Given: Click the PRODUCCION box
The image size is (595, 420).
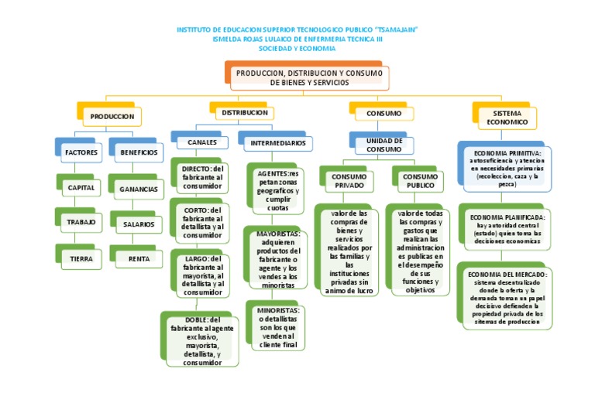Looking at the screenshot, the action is pos(112,116).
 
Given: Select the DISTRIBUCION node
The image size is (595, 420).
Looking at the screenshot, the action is pos(245,113).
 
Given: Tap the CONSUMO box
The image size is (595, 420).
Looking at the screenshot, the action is pos(383,114).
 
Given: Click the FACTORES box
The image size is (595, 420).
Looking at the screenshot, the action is pos(81,152).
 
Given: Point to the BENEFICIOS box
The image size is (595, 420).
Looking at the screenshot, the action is pos(139,152).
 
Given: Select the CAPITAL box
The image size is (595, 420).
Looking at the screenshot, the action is pos(81,188).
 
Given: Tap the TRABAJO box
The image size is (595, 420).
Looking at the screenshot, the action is pos(81,222).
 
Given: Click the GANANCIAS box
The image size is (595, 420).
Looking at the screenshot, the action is pos(139,189).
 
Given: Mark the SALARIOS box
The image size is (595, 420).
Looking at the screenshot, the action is pos(139,224).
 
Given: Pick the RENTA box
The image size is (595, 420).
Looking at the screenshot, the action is pos(139,259).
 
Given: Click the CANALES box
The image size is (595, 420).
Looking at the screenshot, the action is pos(202,143).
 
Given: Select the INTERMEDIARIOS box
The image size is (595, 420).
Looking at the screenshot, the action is pos(277,143).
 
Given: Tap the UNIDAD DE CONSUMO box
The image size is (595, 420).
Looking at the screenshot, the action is pos(383,145).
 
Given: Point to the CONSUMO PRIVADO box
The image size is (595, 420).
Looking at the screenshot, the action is pos(349,181).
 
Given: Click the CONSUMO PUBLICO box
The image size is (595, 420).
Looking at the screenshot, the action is pos(421,181).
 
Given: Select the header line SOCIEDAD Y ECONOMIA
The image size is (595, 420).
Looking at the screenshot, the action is pos(297,48).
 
